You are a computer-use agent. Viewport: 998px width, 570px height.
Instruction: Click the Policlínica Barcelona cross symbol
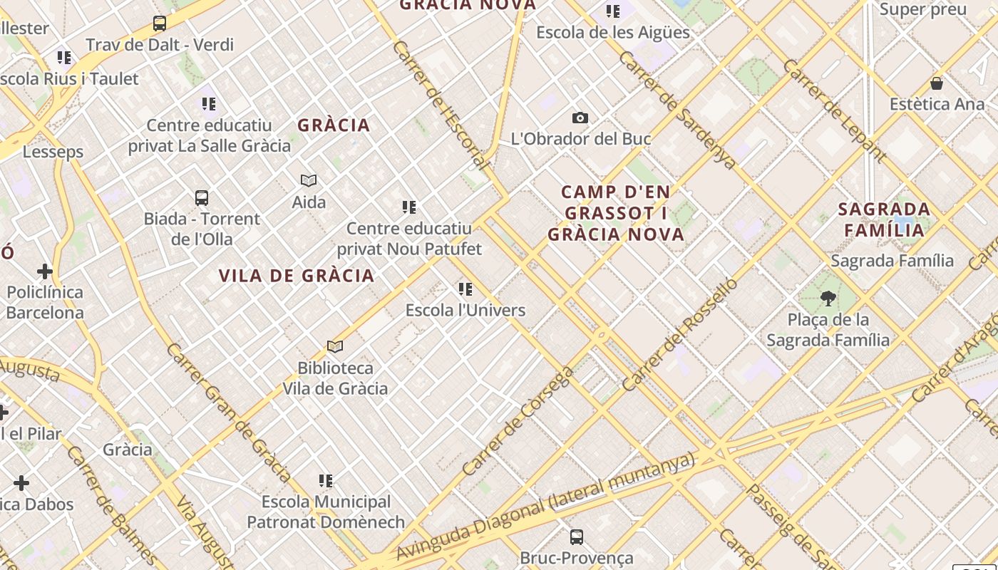(45, 271)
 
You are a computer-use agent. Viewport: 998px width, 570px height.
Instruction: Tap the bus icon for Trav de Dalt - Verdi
(160, 24)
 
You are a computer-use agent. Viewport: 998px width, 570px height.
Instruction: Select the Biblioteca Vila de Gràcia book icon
(335, 347)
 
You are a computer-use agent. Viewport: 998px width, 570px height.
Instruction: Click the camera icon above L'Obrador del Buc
(580, 118)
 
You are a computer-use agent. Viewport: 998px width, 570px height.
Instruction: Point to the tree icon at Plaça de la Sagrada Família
(828, 298)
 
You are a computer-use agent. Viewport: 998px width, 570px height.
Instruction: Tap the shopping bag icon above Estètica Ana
(937, 83)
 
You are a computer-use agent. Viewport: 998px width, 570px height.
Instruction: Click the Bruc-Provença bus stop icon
(577, 537)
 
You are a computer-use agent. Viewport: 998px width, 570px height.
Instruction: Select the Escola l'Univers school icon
(465, 289)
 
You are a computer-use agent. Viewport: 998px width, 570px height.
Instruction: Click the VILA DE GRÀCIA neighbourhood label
(297, 276)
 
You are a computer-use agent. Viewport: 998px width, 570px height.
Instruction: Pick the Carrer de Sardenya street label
(677, 110)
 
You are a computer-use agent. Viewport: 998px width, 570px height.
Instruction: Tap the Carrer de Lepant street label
(835, 110)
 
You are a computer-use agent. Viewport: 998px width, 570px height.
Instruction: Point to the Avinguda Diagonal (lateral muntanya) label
(545, 506)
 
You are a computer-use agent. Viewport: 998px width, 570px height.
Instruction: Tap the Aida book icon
(309, 181)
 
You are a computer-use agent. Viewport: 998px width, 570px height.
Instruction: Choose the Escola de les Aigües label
(612, 32)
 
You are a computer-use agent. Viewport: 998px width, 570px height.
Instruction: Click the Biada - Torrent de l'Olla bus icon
(202, 197)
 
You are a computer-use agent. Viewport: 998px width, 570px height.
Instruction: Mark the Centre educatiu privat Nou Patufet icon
(409, 207)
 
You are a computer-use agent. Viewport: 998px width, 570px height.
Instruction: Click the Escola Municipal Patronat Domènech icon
(326, 481)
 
